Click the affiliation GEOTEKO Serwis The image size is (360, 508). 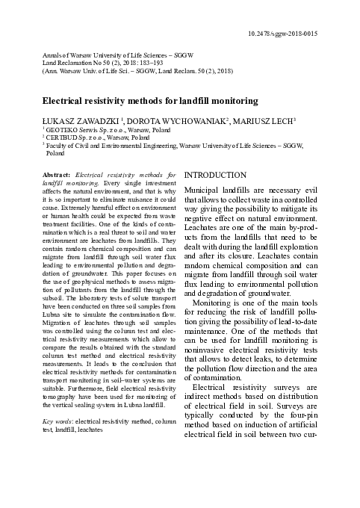click(61, 130)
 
